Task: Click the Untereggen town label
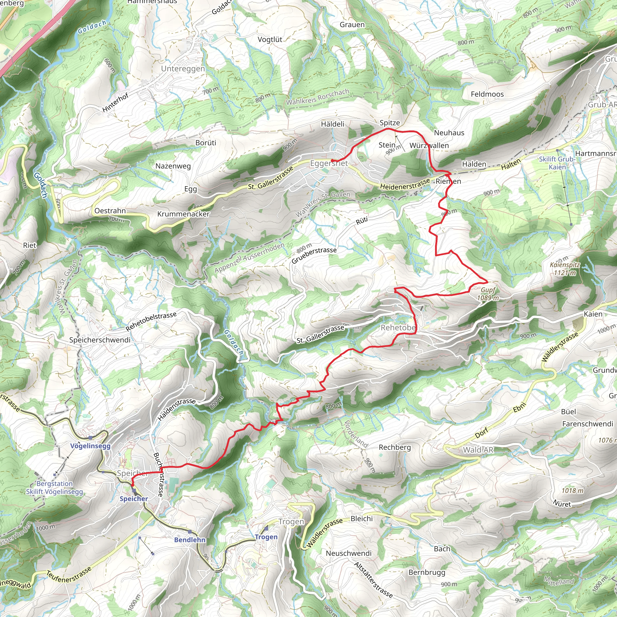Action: coord(183,69)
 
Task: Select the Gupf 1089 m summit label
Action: coord(488,294)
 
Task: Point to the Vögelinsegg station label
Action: coord(90,446)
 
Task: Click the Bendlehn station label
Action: coord(190,540)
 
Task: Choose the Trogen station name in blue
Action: coord(266,537)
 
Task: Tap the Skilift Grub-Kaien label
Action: coord(557,163)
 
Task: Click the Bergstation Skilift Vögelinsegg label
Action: coord(55,488)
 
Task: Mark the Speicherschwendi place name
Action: coord(100,340)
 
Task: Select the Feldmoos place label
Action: coord(487,94)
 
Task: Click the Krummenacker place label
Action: coord(183,214)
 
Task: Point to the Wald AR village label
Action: coord(478,450)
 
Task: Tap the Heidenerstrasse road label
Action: coord(405,184)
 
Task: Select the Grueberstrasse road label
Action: coord(314,255)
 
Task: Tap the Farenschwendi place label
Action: coord(587,424)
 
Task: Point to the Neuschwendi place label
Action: coord(349,553)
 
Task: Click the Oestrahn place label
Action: coord(110,211)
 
